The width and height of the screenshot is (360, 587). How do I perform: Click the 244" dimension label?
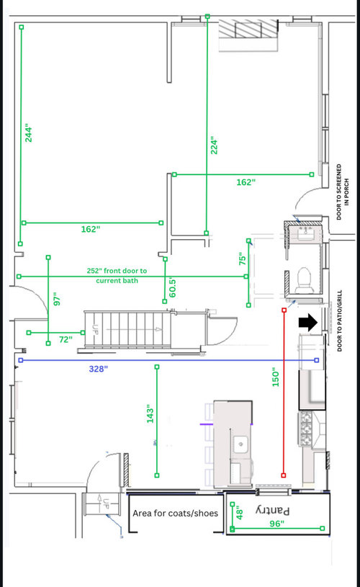(29, 135)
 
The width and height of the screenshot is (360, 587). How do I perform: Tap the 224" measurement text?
(214, 145)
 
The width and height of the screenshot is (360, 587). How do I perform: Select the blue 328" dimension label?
(99, 369)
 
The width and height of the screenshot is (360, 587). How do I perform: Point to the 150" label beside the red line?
(276, 377)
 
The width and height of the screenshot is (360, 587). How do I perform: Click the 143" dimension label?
(150, 413)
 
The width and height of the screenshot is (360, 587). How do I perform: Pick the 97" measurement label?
(57, 300)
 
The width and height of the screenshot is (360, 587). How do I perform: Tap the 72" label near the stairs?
(66, 339)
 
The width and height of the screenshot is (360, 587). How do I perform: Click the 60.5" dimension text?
(173, 287)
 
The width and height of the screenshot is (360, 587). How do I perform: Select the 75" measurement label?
(243, 259)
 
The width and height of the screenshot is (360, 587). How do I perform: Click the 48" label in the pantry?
(240, 513)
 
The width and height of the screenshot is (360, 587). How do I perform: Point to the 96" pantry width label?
(277, 524)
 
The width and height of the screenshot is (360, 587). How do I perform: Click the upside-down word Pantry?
(273, 510)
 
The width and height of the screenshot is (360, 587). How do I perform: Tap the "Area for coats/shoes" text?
(175, 514)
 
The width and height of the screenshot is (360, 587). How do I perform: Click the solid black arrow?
(308, 323)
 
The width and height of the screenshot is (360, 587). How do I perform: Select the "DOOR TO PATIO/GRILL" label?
(340, 321)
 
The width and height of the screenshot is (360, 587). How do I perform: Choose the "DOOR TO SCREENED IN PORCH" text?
(343, 192)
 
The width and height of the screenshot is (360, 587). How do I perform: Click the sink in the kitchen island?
(240, 444)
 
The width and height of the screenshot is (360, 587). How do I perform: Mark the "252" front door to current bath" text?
(117, 276)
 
